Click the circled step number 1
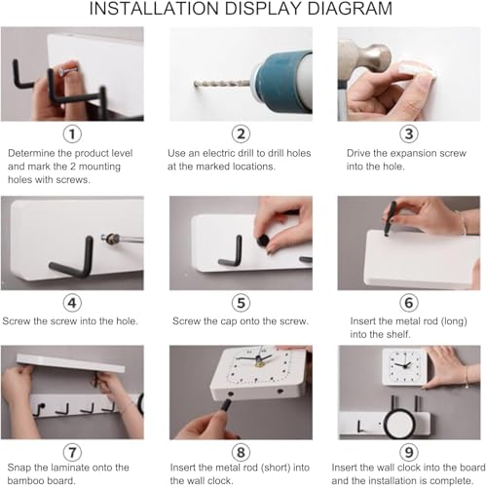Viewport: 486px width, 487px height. pos(72,133)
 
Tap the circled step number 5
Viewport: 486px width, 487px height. pos(241,303)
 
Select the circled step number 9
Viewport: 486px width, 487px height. pos(409,452)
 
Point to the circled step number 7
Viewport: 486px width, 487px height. pos(72,452)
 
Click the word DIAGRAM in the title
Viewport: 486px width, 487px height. pos(350,9)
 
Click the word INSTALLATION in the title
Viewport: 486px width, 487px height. pos(154,9)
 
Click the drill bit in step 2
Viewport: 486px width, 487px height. pos(222,84)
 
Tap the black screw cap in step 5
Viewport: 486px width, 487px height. pos(262,241)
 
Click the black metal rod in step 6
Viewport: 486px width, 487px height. pos(391,218)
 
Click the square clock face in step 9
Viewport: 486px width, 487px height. pos(404,367)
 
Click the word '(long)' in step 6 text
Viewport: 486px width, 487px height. pos(454,321)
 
